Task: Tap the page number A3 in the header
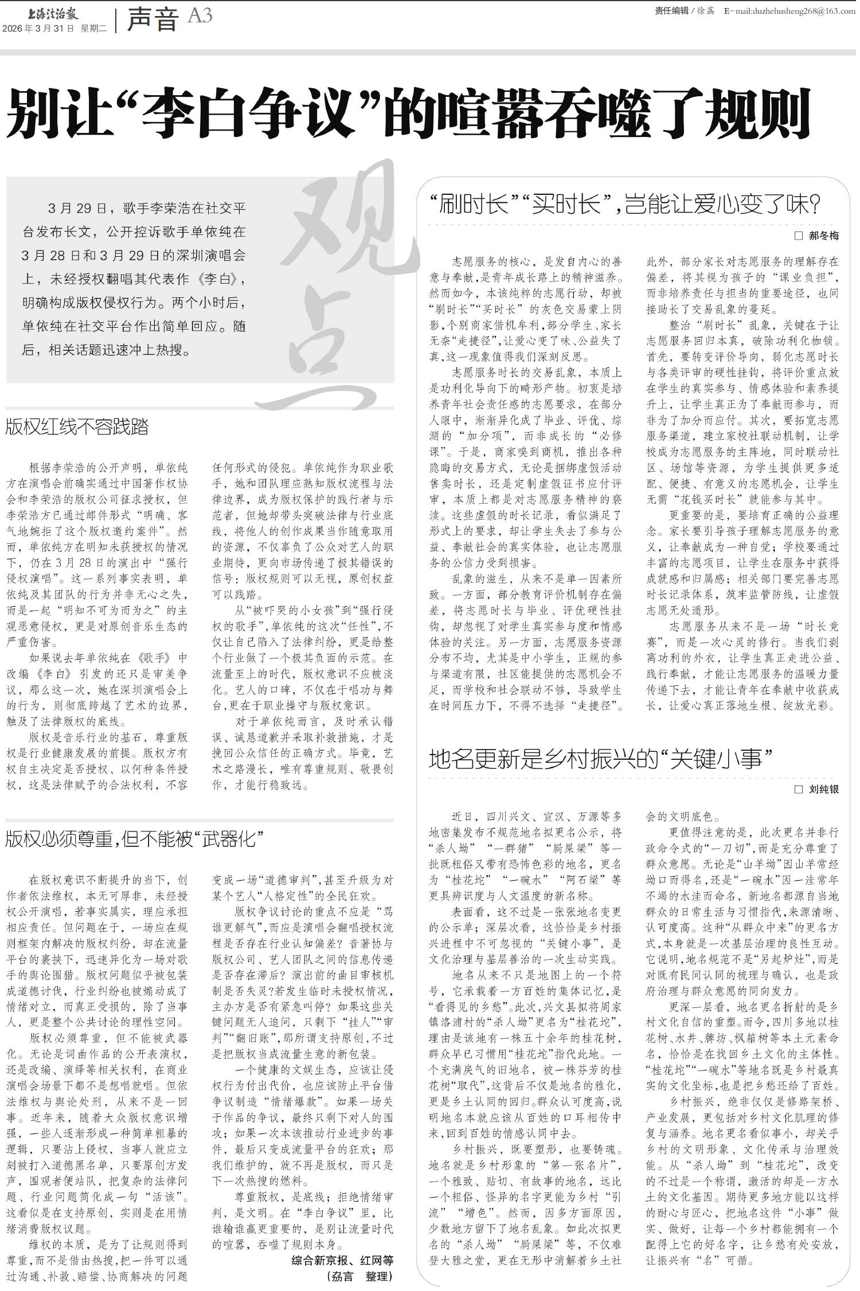pyautogui.click(x=200, y=16)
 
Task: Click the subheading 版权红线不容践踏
pyautogui.click(x=77, y=427)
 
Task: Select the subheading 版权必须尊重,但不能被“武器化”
pyautogui.click(x=134, y=839)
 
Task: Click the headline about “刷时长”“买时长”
pyautogui.click(x=625, y=204)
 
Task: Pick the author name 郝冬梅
pyautogui.click(x=824, y=236)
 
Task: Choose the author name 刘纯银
pyautogui.click(x=824, y=790)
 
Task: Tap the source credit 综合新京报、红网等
pyautogui.click(x=342, y=1260)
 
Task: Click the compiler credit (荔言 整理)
pyautogui.click(x=359, y=1276)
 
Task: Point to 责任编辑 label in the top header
pyautogui.click(x=671, y=11)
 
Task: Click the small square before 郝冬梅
pyautogui.click(x=799, y=236)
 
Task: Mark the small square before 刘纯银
pyautogui.click(x=799, y=790)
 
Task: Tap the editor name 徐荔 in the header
pyautogui.click(x=706, y=11)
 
